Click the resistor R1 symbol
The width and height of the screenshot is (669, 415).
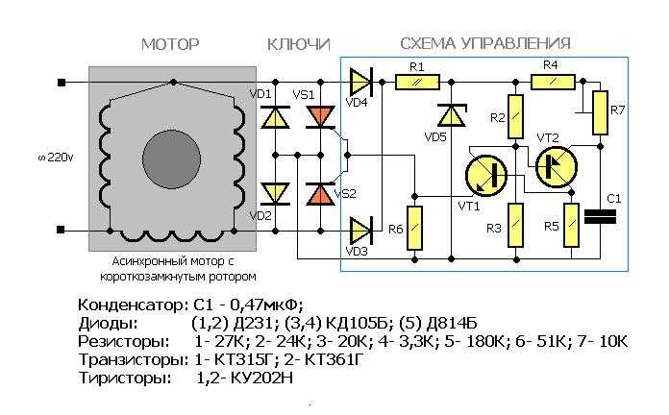[417, 82]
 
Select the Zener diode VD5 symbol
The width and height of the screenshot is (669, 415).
[452, 115]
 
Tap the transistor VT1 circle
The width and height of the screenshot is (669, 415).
[486, 175]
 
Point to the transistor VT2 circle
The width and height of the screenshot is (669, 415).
[557, 167]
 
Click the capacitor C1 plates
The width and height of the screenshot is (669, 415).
[600, 217]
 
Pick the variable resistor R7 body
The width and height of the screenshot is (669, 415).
[601, 112]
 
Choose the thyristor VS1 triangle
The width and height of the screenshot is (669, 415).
[320, 117]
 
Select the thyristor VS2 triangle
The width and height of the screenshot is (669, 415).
[320, 194]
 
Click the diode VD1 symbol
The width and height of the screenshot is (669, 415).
[275, 117]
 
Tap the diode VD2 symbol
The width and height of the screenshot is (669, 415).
[275, 194]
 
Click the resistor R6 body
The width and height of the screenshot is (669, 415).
[414, 229]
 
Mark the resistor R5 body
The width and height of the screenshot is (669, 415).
[571, 225]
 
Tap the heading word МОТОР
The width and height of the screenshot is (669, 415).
[170, 44]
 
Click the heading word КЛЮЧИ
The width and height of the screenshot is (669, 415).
[299, 44]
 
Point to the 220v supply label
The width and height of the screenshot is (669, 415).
[56, 158]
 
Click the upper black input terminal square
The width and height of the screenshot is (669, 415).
[62, 83]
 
